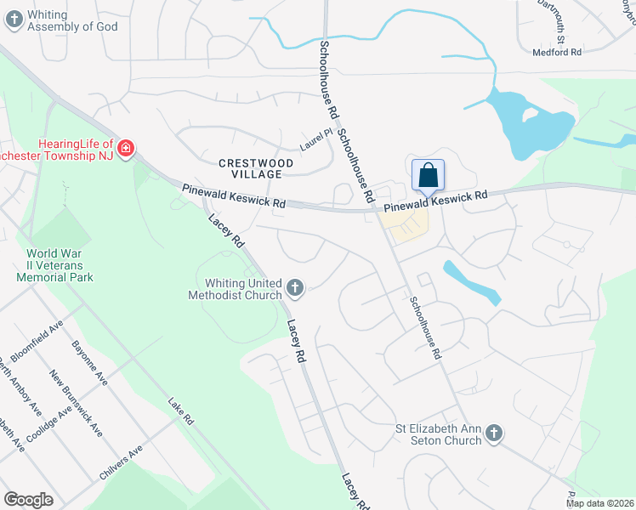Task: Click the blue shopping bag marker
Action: (429, 176)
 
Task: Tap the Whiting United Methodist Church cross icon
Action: (295, 288)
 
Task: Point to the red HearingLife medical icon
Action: (126, 150)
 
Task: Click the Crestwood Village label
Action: (256, 167)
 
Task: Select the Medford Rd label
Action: (557, 52)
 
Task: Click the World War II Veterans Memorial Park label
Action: (59, 265)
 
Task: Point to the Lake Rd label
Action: (181, 412)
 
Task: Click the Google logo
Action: (28, 499)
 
